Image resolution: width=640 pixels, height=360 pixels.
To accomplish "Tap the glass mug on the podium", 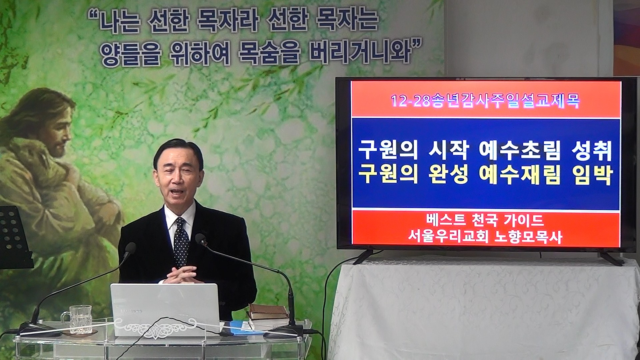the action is pyautogui.click(x=79, y=319).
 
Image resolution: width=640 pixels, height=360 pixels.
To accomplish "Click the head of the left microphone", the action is pyautogui.click(x=130, y=248).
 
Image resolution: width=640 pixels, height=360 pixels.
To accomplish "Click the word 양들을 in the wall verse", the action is pyautogui.click(x=129, y=54).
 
